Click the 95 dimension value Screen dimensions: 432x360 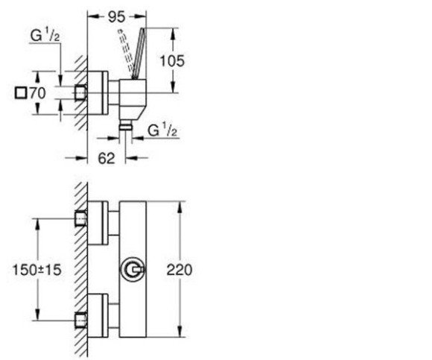coord(116,17)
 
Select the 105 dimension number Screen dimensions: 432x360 coord(172,61)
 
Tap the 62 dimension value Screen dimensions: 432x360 coord(107,158)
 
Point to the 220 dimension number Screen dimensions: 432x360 coord(180,270)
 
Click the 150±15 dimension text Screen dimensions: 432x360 coord(37,270)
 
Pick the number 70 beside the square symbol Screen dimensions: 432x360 coord(37,93)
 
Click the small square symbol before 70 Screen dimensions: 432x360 coord(21,93)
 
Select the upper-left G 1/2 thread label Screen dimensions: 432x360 coord(45,36)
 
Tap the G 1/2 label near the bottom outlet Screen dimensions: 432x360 coord(162,130)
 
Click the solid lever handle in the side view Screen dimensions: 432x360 coord(138,54)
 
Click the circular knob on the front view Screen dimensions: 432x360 coord(133,269)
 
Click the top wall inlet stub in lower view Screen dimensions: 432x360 coord(81,218)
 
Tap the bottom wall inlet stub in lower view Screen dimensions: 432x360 coord(81,320)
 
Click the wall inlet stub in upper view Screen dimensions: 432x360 coord(81,92)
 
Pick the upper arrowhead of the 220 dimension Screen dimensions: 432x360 coord(180,206)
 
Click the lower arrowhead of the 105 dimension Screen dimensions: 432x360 coord(173,87)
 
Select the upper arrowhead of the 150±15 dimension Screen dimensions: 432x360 coord(38,224)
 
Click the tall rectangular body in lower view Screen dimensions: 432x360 coord(133,269)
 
